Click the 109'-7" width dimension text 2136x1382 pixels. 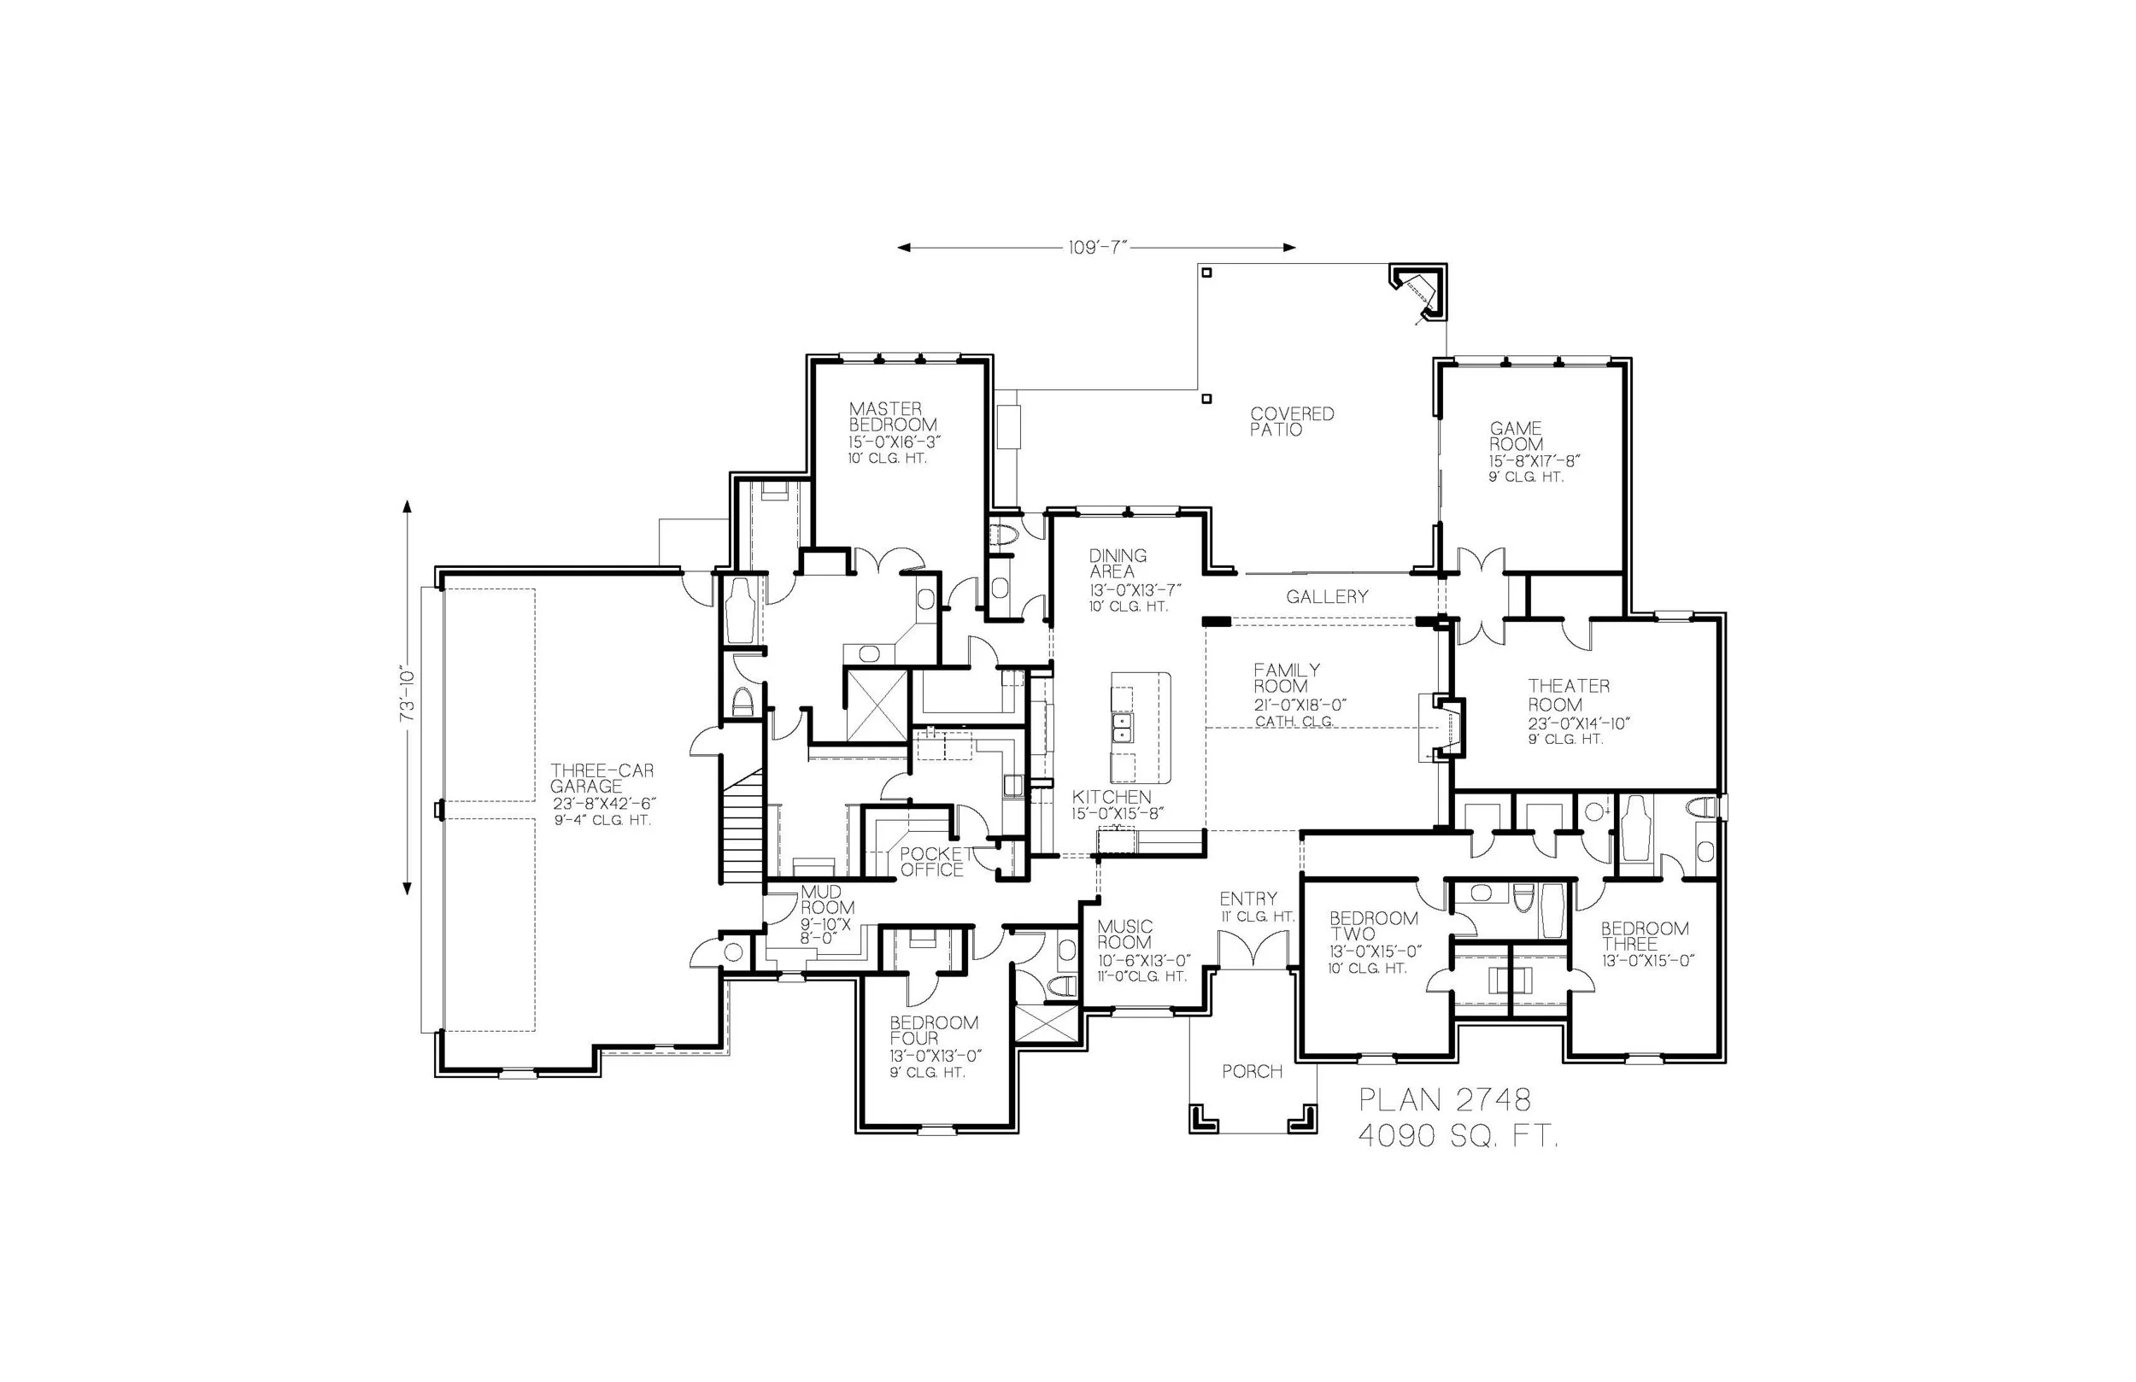1096,249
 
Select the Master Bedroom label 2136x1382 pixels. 893,418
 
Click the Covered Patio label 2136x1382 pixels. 1292,422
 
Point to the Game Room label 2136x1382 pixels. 1517,436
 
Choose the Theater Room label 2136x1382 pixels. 1568,694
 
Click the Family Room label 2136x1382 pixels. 1286,677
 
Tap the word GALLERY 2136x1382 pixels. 1327,597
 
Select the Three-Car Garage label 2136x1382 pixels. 601,778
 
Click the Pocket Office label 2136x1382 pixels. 932,862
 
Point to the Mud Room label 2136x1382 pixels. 821,900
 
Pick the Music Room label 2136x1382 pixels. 1124,934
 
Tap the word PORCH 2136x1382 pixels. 1252,1071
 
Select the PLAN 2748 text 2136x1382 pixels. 1444,1099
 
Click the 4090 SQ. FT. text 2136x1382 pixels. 1458,1137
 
